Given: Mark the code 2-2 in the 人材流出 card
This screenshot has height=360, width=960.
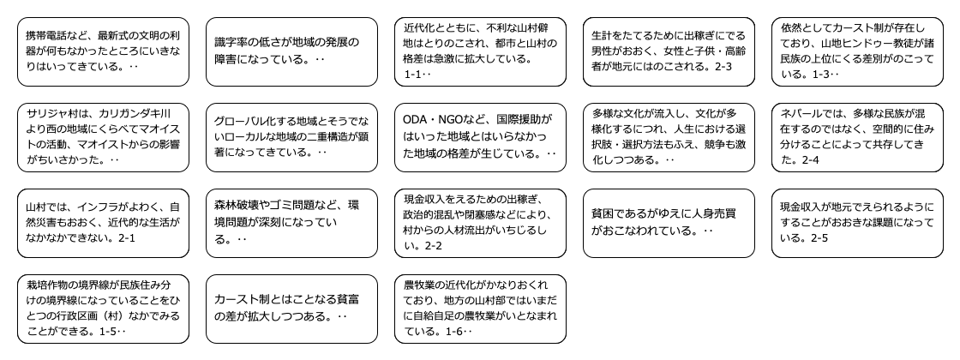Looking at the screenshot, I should coord(435,246).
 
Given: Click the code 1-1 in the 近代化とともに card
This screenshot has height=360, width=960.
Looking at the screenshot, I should coord(414,75).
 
